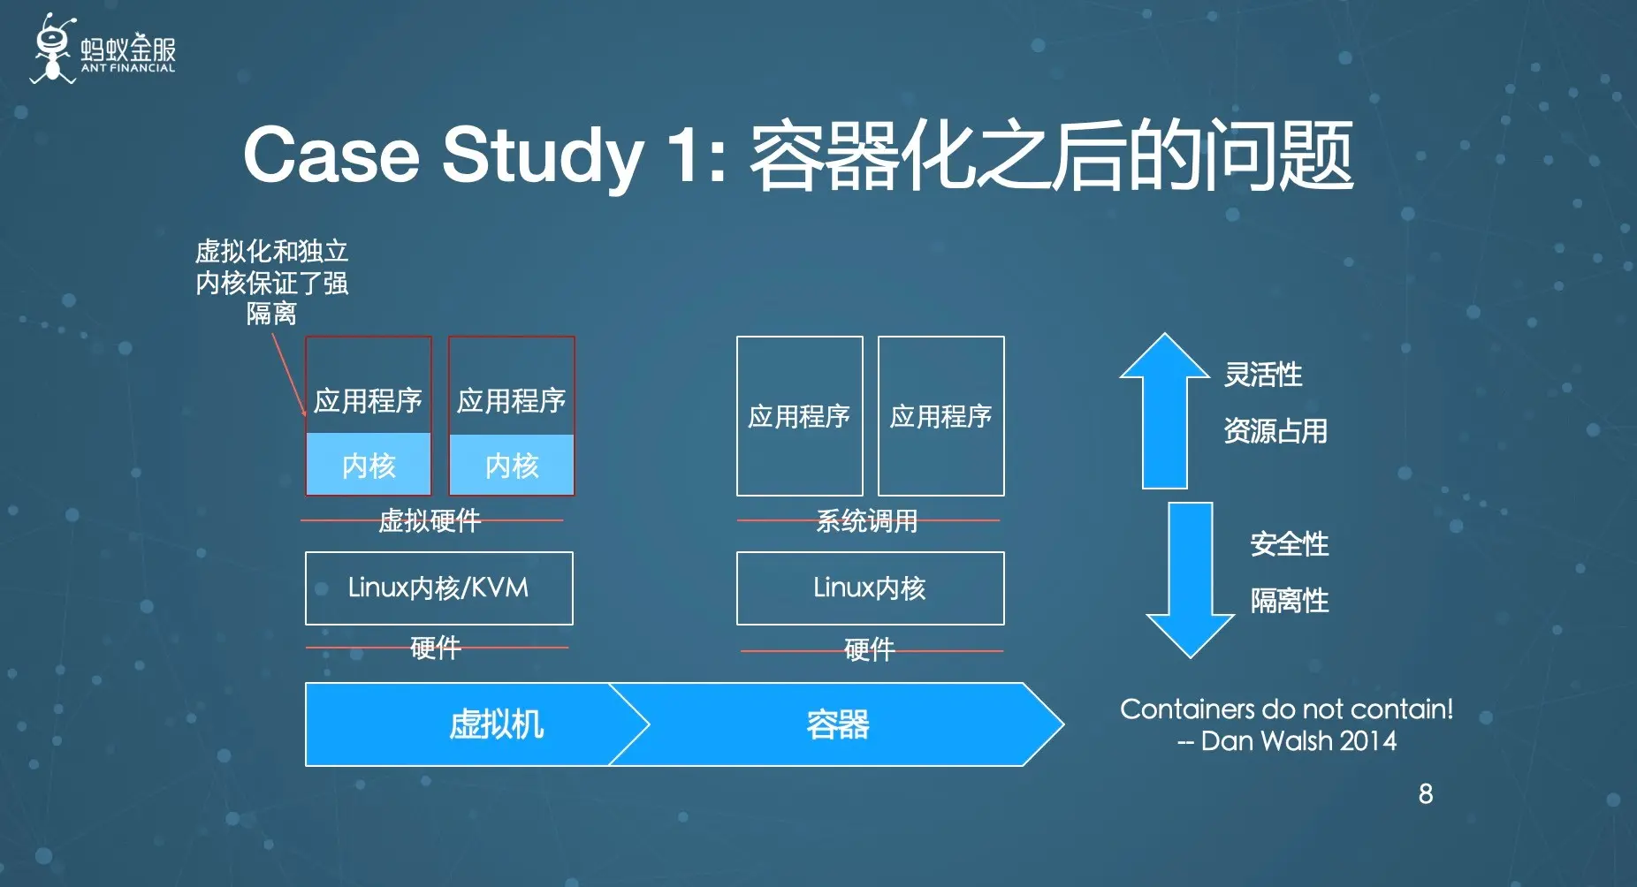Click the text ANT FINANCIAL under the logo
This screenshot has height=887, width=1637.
128,68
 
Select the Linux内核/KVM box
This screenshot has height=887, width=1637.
438,588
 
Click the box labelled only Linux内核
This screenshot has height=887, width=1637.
870,588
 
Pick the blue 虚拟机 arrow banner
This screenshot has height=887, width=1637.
477,724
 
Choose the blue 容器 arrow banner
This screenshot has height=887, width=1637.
838,724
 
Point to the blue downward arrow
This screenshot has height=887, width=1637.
1190,580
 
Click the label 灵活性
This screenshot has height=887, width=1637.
1262,375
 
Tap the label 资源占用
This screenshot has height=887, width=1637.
1275,431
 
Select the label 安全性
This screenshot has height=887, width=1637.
1289,544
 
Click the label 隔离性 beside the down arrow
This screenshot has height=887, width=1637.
1289,601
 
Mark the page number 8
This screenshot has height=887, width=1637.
1425,793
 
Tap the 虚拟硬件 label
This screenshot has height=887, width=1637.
430,520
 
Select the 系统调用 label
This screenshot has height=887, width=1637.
866,520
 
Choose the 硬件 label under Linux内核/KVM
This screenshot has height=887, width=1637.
435,648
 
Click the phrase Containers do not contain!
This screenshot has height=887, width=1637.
1286,709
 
